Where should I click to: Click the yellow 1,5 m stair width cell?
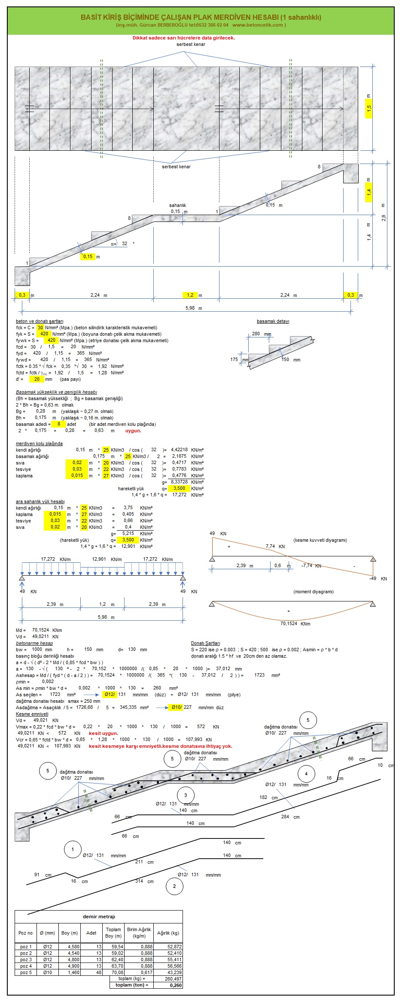click(369, 109)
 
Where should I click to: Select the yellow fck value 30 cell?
click(40, 328)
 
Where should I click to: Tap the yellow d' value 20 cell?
click(37, 379)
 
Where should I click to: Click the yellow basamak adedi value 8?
click(59, 424)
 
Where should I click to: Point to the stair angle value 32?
click(125, 243)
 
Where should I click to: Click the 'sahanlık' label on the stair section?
click(177, 206)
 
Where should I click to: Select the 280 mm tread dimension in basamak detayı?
click(256, 334)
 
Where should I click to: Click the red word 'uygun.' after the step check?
click(133, 431)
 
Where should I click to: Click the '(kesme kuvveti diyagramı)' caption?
click(320, 540)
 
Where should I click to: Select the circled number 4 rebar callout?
click(306, 774)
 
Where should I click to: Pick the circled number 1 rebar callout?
click(73, 849)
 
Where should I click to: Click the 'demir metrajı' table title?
click(99, 917)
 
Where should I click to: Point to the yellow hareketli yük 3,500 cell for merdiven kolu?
click(179, 489)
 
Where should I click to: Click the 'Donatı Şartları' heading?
click(205, 643)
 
